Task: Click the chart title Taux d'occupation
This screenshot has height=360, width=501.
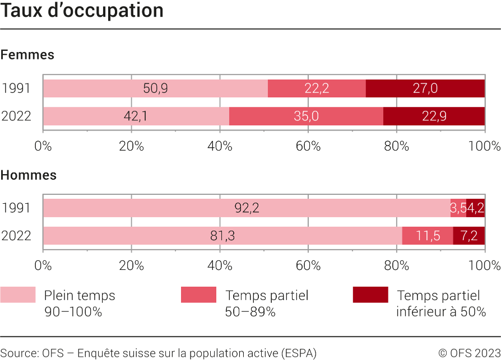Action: (82, 11)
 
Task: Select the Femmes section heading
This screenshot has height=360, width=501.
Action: (27, 55)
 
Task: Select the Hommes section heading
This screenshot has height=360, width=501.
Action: (29, 175)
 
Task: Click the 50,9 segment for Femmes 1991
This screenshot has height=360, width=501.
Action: (155, 88)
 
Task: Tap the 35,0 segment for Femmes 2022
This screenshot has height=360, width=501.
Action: (306, 116)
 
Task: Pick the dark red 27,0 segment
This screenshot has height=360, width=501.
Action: (425, 88)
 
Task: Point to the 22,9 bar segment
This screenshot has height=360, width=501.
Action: (434, 116)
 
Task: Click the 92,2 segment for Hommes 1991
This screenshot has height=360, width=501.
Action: (247, 208)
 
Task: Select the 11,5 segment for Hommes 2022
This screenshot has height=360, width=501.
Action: (428, 236)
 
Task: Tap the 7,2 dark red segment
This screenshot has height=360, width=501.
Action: (469, 236)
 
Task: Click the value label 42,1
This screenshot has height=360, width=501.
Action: (136, 116)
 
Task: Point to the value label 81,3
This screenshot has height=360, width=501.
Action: (222, 236)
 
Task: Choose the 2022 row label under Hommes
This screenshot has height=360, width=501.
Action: (16, 236)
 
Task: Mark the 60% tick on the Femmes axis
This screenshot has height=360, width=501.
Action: (308, 147)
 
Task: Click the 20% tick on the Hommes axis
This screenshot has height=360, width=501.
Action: (131, 266)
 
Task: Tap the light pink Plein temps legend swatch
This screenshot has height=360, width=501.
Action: (17, 295)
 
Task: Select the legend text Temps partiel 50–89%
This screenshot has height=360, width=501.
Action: (266, 303)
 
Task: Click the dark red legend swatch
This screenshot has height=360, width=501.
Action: (370, 295)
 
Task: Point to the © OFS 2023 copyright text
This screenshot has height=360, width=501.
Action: (469, 353)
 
